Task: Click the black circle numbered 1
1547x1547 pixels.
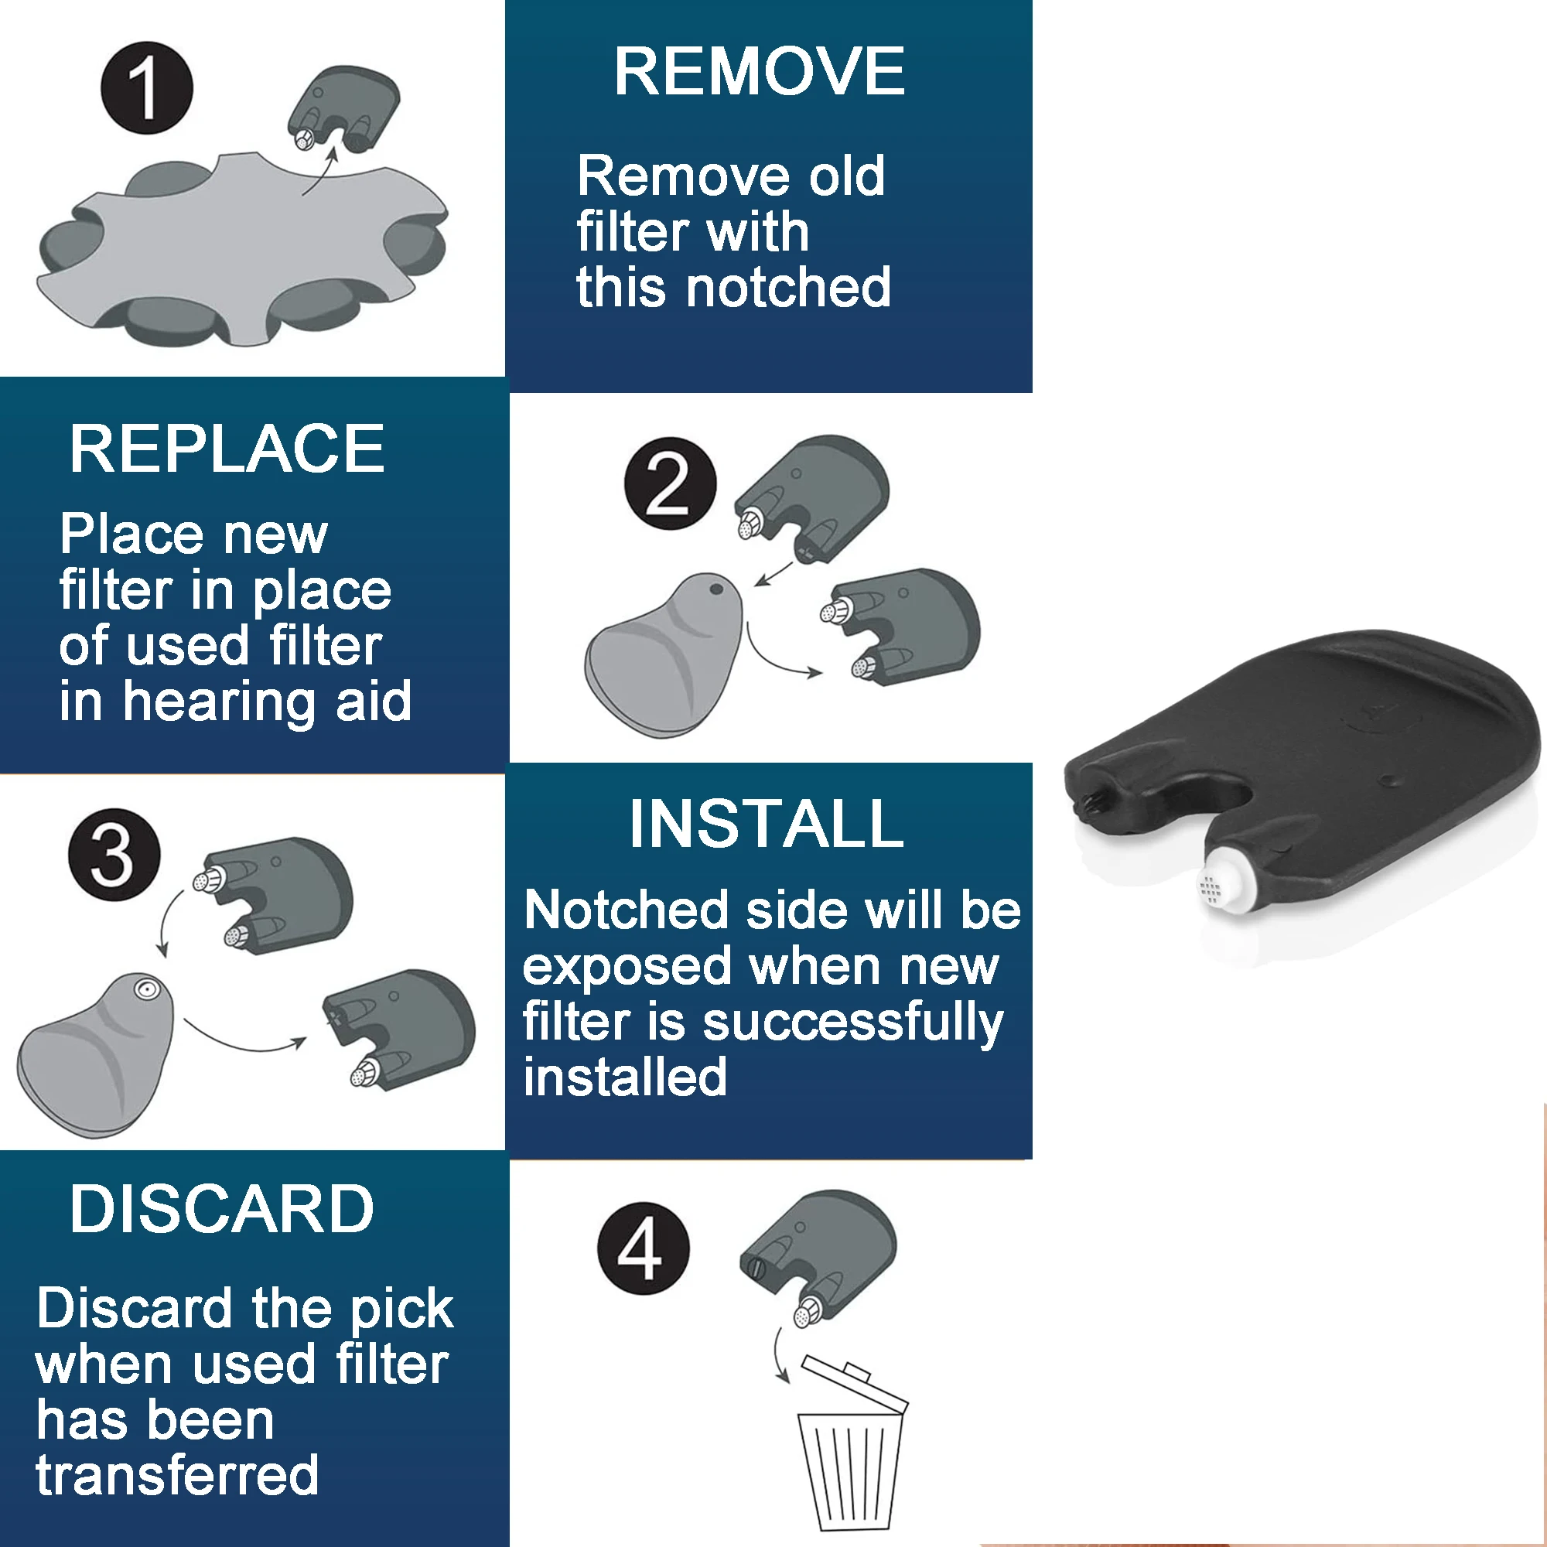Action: pos(146,88)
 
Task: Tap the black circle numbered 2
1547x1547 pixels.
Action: pos(670,483)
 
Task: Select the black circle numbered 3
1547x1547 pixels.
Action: pos(114,855)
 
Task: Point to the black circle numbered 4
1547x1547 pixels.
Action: pos(643,1248)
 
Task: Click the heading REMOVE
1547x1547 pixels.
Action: pos(759,72)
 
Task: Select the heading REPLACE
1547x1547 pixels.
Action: pos(227,449)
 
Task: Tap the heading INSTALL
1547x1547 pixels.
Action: pos(767,824)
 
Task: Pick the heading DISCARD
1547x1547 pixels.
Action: pos(222,1209)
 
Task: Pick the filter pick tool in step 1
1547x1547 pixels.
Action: pos(344,108)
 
